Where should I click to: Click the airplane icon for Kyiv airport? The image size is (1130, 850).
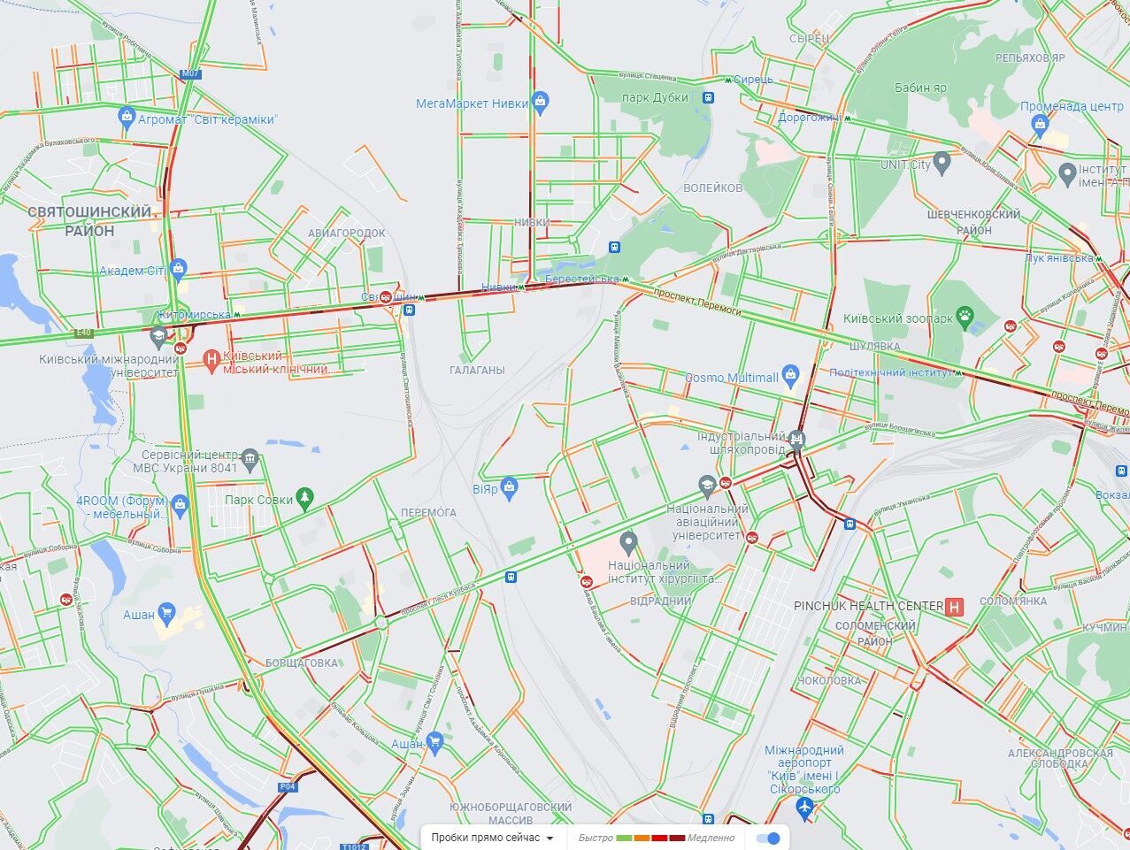(804, 807)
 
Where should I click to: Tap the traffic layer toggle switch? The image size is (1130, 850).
(770, 838)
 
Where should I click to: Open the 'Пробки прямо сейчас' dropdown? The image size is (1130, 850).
(493, 838)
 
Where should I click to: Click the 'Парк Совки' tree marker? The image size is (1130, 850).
(305, 499)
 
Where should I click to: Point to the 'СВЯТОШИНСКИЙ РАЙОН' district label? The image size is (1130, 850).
(89, 221)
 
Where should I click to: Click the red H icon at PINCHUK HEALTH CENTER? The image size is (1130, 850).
(955, 606)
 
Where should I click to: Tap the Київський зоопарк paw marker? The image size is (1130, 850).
(965, 317)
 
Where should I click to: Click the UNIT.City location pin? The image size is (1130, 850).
(942, 163)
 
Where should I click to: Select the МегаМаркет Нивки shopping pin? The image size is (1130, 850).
(541, 102)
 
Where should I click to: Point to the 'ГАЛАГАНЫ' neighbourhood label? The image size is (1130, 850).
(477, 371)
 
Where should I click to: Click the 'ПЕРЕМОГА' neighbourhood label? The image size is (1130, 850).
(428, 512)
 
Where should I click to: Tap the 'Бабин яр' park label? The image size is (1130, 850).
(919, 88)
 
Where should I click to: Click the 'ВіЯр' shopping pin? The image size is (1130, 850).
(509, 486)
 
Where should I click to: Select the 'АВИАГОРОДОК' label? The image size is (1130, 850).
(347, 234)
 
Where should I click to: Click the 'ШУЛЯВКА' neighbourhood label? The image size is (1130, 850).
(874, 346)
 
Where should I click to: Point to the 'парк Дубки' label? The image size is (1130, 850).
(655, 97)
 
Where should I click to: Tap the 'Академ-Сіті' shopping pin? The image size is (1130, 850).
(179, 267)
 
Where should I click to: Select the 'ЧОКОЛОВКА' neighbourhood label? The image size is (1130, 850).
(829, 680)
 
